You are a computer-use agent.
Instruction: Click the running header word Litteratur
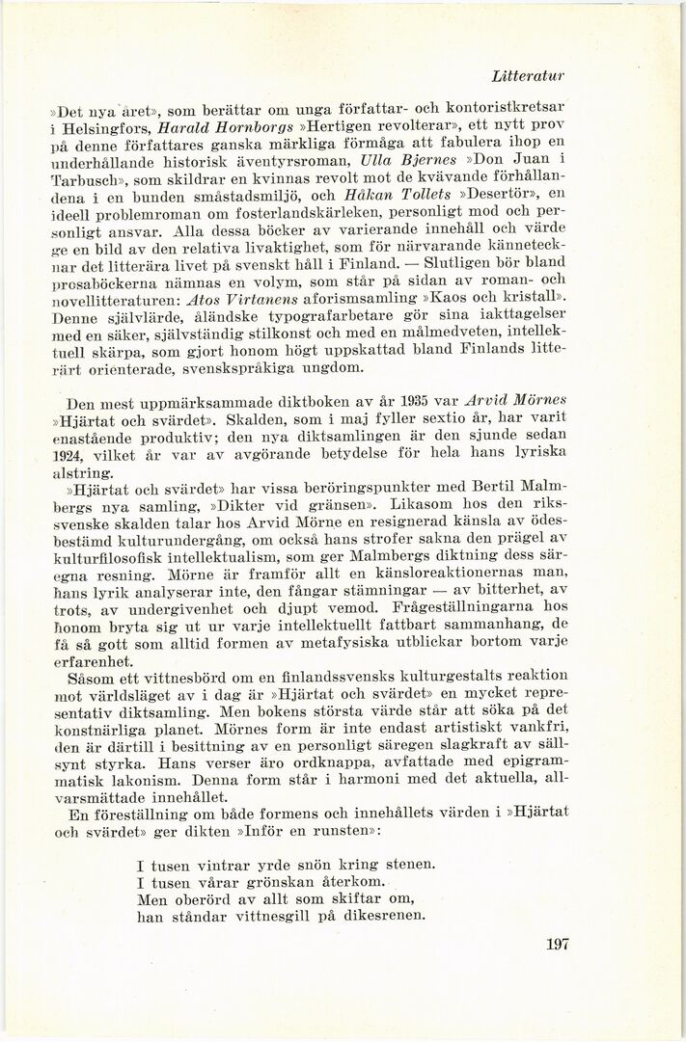(x=528, y=75)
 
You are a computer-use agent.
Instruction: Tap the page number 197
(x=557, y=944)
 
